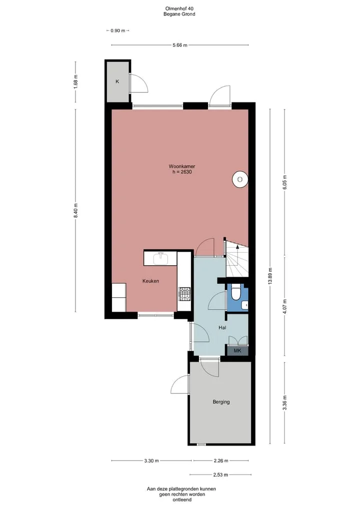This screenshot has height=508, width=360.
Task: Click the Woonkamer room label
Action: (x=181, y=166)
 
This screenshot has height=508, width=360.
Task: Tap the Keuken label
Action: (x=151, y=281)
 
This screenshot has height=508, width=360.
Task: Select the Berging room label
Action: (x=221, y=402)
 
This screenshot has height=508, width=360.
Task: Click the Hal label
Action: (x=222, y=328)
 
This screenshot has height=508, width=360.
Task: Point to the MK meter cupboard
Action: (x=237, y=351)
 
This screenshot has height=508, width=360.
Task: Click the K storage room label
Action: (x=117, y=81)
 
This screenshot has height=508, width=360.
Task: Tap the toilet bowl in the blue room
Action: (x=236, y=292)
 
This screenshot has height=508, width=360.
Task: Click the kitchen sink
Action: (x=160, y=258)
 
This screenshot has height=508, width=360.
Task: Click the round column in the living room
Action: (x=240, y=179)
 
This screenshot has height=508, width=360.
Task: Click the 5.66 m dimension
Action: (x=180, y=45)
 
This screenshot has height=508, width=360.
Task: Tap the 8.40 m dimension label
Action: (x=75, y=211)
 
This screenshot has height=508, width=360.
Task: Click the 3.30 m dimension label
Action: (x=151, y=461)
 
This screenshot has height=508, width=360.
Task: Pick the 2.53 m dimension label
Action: (x=220, y=475)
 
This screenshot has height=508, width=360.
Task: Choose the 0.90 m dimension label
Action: (x=117, y=31)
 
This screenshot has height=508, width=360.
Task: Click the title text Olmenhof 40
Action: (x=179, y=8)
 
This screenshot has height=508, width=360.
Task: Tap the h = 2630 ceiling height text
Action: (x=182, y=172)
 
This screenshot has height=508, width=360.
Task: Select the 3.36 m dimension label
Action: (x=284, y=403)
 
